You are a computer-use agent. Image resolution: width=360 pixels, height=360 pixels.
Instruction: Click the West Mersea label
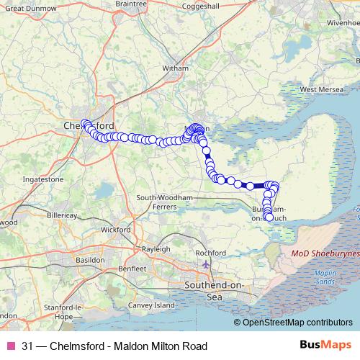pyautogui.click(x=319, y=90)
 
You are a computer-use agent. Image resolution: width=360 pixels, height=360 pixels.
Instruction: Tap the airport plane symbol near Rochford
pyautogui.click(x=207, y=264)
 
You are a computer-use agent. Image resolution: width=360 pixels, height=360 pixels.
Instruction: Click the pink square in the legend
pyautogui.click(x=11, y=346)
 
